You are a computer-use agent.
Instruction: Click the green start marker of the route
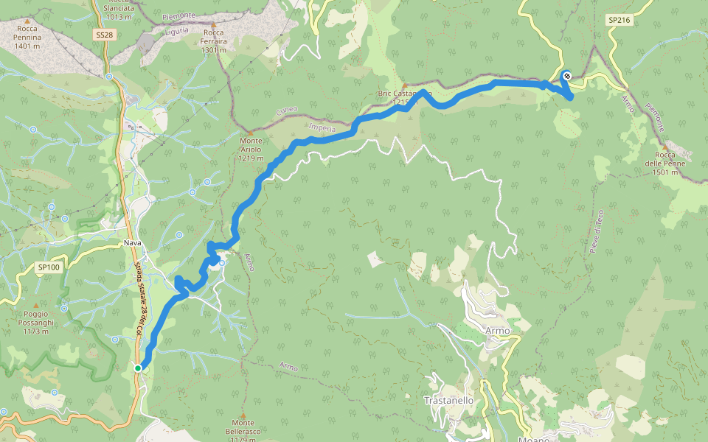[x=138, y=368]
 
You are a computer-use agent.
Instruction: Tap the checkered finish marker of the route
[x=566, y=75]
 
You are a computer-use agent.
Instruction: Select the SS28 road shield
[x=105, y=35]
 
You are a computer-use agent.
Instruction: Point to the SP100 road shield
[x=49, y=267]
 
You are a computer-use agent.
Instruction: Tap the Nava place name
[x=133, y=242]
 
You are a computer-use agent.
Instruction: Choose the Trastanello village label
[x=448, y=400]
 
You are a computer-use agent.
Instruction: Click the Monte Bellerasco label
[x=243, y=432]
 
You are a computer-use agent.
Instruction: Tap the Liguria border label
[x=178, y=31]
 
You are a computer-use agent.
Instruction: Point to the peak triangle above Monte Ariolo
[x=251, y=133]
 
